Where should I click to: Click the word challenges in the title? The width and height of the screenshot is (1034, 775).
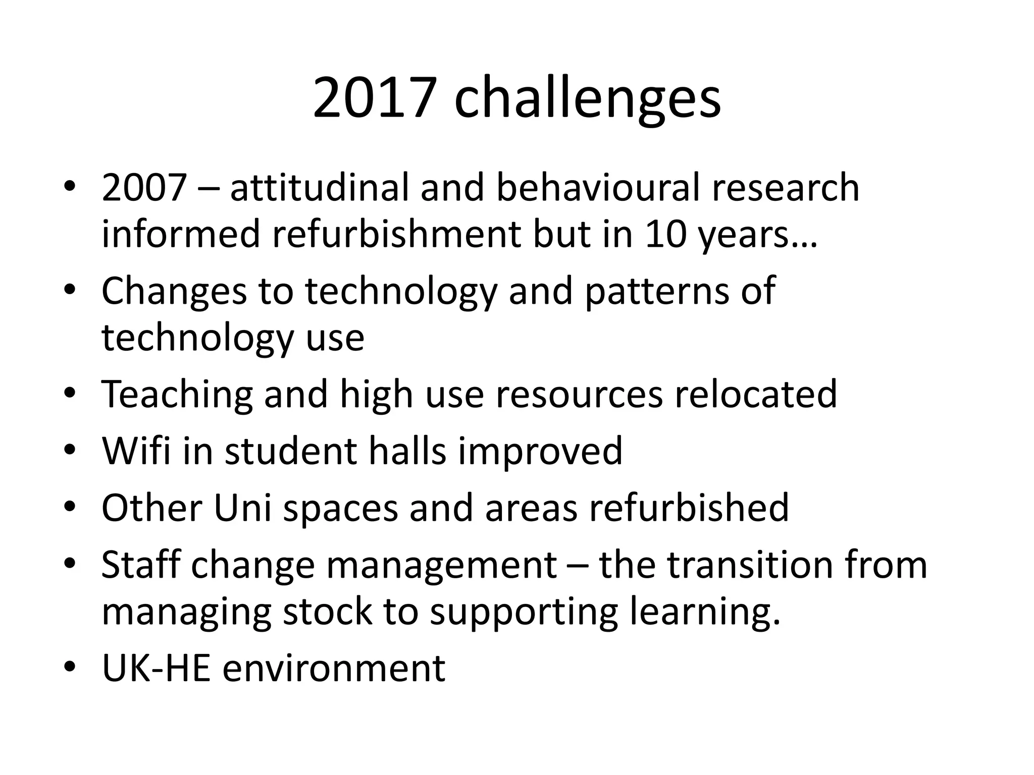pyautogui.click(x=587, y=98)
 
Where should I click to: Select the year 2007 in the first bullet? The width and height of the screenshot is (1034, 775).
pyautogui.click(x=144, y=187)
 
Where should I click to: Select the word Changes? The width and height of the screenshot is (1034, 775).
pyautogui.click(x=174, y=292)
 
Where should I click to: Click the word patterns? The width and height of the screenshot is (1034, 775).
pyautogui.click(x=656, y=292)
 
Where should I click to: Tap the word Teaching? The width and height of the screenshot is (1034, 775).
pyautogui.click(x=177, y=395)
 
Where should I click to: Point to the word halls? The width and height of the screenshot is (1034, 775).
pyautogui.click(x=407, y=451)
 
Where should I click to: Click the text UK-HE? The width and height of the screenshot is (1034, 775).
pyautogui.click(x=156, y=668)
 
